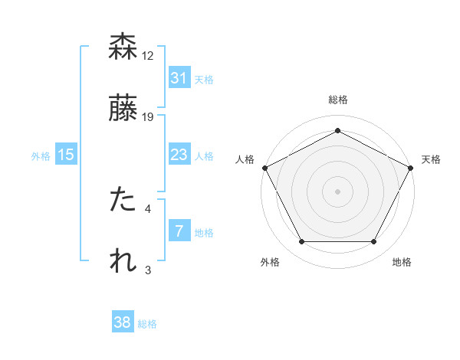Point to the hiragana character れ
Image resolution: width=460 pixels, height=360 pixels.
[x=123, y=260]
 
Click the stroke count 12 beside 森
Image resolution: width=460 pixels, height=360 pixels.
[x=149, y=55]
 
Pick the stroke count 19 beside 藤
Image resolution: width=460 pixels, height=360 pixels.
[x=149, y=116]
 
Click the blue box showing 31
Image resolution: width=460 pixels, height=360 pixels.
[x=179, y=77]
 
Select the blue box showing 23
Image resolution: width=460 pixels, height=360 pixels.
[x=179, y=155]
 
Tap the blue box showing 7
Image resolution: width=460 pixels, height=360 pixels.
[x=179, y=231]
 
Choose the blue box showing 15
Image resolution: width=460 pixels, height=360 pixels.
[x=66, y=155]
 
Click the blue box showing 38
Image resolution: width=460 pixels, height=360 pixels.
[x=122, y=322]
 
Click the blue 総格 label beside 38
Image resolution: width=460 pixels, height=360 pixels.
[x=147, y=324]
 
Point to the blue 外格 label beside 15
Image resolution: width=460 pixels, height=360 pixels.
[x=41, y=156]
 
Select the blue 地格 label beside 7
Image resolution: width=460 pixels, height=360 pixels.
[x=204, y=233]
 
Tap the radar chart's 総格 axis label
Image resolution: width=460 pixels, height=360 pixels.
[x=337, y=100]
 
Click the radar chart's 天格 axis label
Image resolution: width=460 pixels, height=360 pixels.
[x=431, y=159]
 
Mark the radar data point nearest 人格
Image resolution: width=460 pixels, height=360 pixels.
[x=264, y=167]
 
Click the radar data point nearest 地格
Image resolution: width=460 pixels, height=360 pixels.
[x=374, y=242]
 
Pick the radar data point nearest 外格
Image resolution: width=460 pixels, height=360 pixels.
[x=301, y=242]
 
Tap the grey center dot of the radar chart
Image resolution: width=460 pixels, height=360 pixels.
[x=337, y=191]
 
